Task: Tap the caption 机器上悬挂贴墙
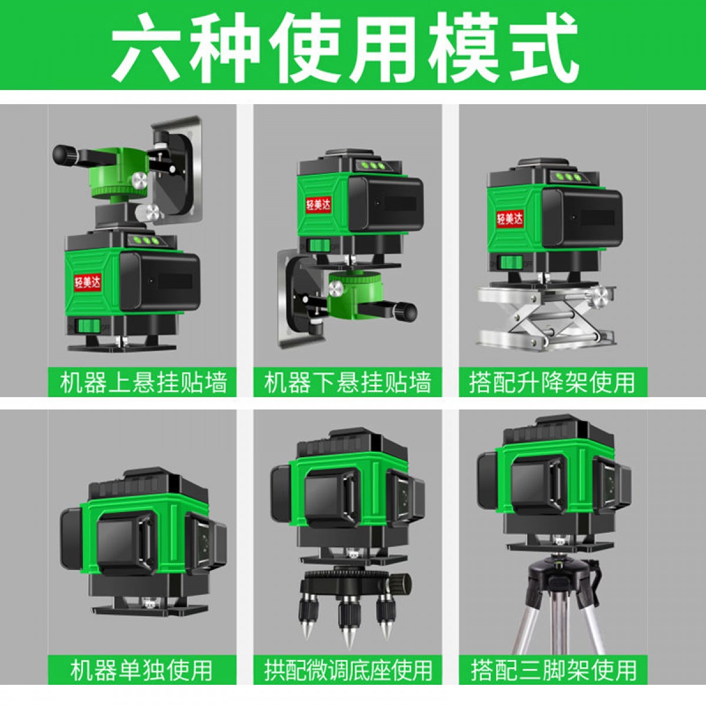point(143,382)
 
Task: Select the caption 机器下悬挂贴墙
point(348,382)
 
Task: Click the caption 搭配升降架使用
point(552,382)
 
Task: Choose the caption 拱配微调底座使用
point(348,670)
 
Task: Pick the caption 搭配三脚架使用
point(554,670)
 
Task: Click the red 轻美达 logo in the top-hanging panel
point(88,282)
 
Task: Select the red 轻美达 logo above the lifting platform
point(509,219)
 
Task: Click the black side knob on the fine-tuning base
point(402,582)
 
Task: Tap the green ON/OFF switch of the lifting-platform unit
point(511,262)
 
